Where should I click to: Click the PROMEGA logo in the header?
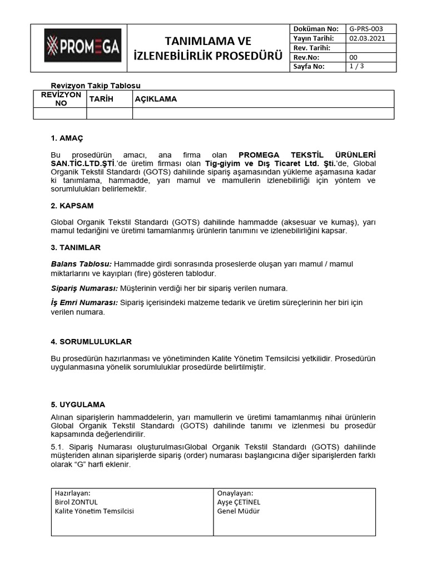(82, 48)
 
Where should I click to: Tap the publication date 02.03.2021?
(366, 38)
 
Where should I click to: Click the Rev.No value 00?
(353, 57)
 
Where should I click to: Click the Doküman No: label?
(315, 28)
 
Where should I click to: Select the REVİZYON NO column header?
(61, 99)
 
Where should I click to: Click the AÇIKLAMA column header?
(156, 99)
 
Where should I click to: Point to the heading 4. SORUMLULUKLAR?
(91, 342)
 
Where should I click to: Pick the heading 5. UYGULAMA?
(78, 404)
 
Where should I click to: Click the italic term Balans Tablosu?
(81, 264)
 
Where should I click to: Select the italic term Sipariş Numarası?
(85, 288)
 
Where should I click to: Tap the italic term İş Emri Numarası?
(85, 302)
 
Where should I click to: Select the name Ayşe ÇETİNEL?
(239, 502)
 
